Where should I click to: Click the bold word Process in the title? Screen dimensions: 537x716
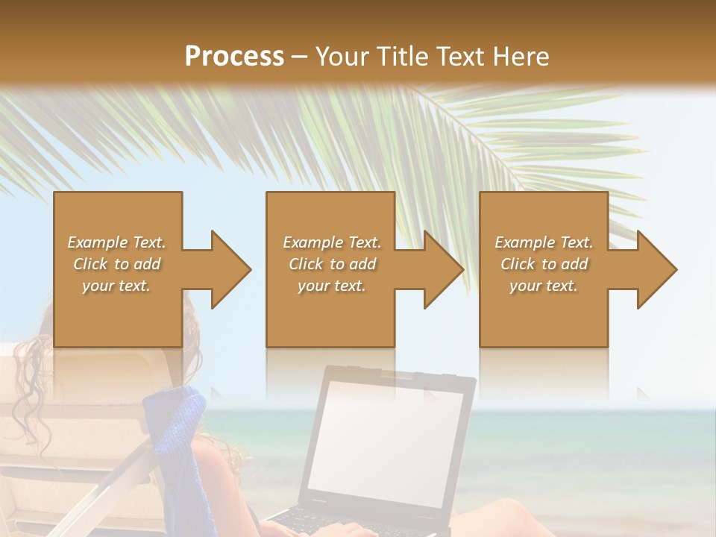coord(234,57)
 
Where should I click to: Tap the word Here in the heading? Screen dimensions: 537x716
coord(520,57)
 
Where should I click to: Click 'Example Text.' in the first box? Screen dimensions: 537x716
coord(116,242)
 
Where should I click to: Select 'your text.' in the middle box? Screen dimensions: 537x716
coord(331,286)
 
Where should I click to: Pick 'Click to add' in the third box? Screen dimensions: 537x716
coord(544,264)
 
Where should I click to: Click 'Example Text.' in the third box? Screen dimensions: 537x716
coord(544,242)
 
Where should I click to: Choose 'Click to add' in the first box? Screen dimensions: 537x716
coord(116,264)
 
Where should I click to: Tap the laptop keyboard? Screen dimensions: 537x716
coord(328,522)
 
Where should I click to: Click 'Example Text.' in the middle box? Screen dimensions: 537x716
coord(331,242)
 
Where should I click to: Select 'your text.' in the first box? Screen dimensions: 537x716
coord(116,286)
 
